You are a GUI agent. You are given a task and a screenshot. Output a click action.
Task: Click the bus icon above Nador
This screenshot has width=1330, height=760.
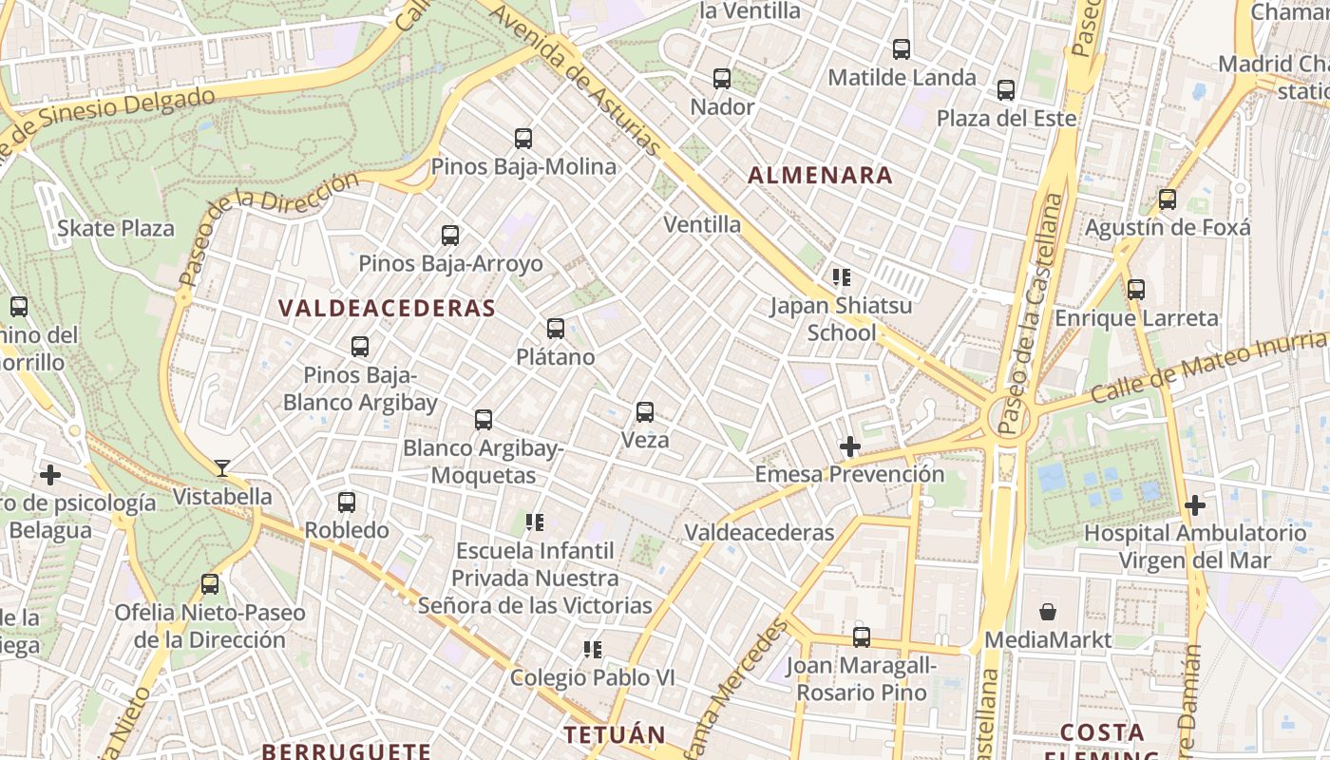tap(722, 79)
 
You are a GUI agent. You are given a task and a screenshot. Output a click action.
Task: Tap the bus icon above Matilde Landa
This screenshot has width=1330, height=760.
tap(902, 49)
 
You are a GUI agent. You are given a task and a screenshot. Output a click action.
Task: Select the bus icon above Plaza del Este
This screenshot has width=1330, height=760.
tap(1006, 90)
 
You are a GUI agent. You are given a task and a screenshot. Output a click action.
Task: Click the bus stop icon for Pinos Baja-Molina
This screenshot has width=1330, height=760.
tap(523, 139)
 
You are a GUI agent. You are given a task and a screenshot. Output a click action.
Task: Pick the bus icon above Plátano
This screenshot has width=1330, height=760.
tap(556, 330)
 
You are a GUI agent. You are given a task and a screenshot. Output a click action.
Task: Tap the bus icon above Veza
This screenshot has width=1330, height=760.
tap(645, 412)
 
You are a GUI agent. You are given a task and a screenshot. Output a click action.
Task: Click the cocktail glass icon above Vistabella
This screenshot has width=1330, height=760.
tap(222, 467)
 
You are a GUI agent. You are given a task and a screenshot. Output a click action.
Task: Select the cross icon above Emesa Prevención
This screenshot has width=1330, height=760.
tap(850, 446)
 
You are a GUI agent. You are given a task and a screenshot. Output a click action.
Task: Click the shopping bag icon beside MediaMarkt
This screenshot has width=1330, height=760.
tap(1048, 612)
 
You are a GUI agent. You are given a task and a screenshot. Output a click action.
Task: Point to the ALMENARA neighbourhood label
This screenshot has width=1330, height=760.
tap(820, 175)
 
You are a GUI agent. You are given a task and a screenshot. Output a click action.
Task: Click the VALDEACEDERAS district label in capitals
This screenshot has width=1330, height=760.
tap(387, 308)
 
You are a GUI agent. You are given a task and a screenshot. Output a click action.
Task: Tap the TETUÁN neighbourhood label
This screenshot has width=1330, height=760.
tap(615, 734)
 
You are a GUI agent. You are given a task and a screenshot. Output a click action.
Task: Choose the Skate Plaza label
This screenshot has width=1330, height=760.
tap(116, 228)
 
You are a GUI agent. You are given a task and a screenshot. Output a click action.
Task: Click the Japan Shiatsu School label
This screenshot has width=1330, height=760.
tap(841, 319)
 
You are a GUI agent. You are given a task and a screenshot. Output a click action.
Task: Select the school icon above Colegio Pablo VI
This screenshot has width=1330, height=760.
tap(593, 650)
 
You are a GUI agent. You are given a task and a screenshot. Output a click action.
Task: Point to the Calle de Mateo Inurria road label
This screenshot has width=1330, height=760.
tap(1208, 367)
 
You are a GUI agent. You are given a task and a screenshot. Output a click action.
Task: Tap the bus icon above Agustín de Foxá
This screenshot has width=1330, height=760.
tap(1168, 200)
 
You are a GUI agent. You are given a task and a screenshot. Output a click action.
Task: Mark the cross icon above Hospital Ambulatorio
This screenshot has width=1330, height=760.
tap(1195, 505)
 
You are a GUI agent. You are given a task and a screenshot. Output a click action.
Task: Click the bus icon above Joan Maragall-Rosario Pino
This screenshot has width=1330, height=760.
tap(862, 637)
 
